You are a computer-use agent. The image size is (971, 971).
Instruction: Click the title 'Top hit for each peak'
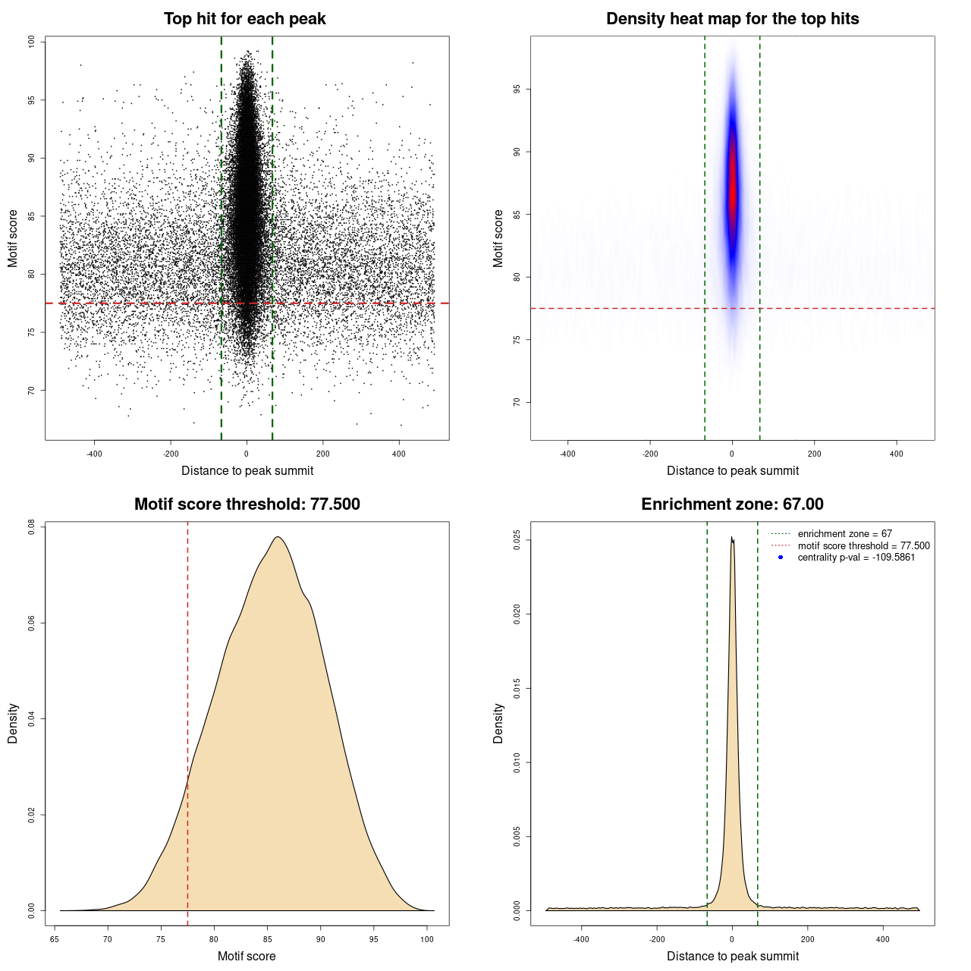tap(244, 19)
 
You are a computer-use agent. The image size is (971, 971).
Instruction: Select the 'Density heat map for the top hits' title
tap(732, 19)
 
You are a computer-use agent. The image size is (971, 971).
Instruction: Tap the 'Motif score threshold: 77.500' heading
tap(247, 504)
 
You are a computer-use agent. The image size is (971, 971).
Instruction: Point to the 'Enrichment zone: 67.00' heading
tap(732, 504)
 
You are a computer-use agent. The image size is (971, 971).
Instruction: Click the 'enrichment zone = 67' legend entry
tap(844, 534)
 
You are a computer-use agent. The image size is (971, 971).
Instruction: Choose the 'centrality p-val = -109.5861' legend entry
tap(856, 558)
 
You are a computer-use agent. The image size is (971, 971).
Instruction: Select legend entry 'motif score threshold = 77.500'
tap(863, 546)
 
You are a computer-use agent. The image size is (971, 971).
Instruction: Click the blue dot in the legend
tap(781, 558)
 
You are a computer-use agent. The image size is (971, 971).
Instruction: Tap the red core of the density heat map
tap(733, 190)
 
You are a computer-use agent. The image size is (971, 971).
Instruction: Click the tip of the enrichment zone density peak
tap(731, 538)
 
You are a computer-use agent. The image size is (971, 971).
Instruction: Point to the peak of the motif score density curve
tap(278, 537)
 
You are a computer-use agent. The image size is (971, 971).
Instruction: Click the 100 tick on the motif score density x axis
tap(427, 939)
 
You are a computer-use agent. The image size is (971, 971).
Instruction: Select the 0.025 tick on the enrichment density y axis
tap(517, 540)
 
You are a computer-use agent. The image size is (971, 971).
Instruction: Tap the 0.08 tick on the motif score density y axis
tap(32, 526)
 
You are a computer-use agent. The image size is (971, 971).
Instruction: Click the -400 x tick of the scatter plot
tap(94, 454)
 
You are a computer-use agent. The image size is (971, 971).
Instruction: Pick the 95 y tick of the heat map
tap(517, 90)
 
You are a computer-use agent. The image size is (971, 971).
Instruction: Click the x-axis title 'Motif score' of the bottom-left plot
tap(247, 956)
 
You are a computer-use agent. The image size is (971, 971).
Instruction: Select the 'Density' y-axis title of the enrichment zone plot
tap(498, 723)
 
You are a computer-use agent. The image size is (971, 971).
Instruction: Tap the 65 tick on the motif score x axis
tap(55, 939)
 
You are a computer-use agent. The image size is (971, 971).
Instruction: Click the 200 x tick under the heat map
tap(814, 454)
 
